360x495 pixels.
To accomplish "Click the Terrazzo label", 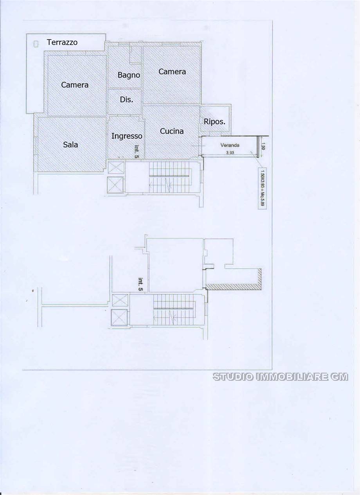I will click(62, 42).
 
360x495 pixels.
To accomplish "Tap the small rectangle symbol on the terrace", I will click(36, 44).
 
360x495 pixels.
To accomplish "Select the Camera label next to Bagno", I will click(172, 72).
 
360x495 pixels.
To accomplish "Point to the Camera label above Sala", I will click(75, 84).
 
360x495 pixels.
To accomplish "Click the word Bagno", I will click(129, 75).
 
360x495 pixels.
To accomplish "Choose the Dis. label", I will click(126, 100).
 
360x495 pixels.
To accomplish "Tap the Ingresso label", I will click(127, 136).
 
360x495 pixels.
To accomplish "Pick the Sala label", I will click(70, 145).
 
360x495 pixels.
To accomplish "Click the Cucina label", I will click(172, 131).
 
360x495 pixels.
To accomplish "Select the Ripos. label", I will click(214, 122).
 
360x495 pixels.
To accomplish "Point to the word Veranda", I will click(230, 145).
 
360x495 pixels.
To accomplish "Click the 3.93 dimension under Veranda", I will click(230, 153).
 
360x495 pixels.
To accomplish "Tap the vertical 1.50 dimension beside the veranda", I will click(263, 147).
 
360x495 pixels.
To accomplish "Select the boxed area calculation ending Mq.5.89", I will click(261, 188).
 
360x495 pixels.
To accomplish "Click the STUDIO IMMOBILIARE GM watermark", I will click(280, 377).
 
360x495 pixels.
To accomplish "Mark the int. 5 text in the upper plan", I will click(137, 151).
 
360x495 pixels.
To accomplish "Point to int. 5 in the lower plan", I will click(140, 284).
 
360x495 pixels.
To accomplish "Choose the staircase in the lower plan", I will click(173, 309).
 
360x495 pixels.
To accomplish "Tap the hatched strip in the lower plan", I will click(233, 287).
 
